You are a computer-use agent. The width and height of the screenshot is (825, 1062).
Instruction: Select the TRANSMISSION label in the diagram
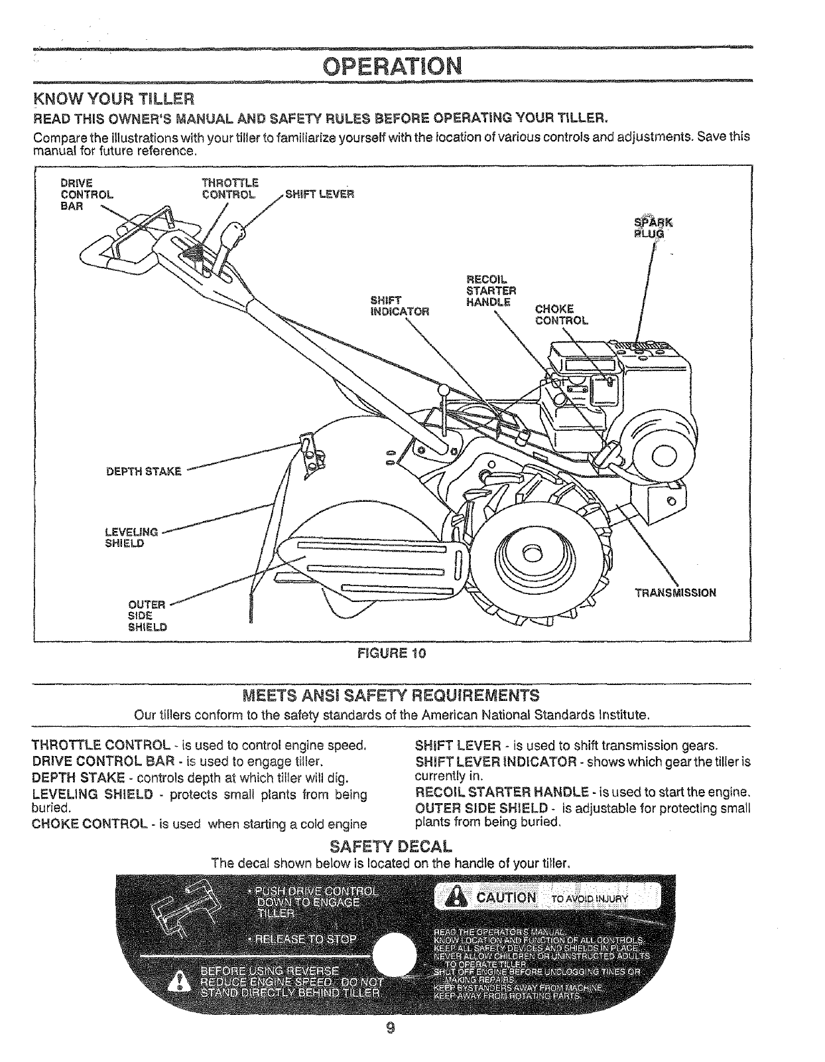pyautogui.click(x=674, y=593)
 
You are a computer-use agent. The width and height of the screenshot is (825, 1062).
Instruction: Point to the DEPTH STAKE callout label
pyautogui.click(x=144, y=472)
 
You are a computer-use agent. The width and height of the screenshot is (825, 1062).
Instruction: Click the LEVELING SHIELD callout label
pyautogui.click(x=131, y=537)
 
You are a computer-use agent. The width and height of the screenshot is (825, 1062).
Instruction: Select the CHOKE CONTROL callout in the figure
pyautogui.click(x=560, y=315)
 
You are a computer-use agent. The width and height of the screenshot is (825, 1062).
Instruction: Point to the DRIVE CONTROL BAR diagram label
pyautogui.click(x=86, y=194)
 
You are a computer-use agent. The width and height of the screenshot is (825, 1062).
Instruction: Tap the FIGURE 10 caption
pyautogui.click(x=391, y=652)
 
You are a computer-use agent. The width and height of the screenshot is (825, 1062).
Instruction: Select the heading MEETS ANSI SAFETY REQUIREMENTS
pyautogui.click(x=391, y=696)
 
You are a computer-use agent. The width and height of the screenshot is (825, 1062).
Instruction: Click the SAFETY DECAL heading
pyautogui.click(x=391, y=847)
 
